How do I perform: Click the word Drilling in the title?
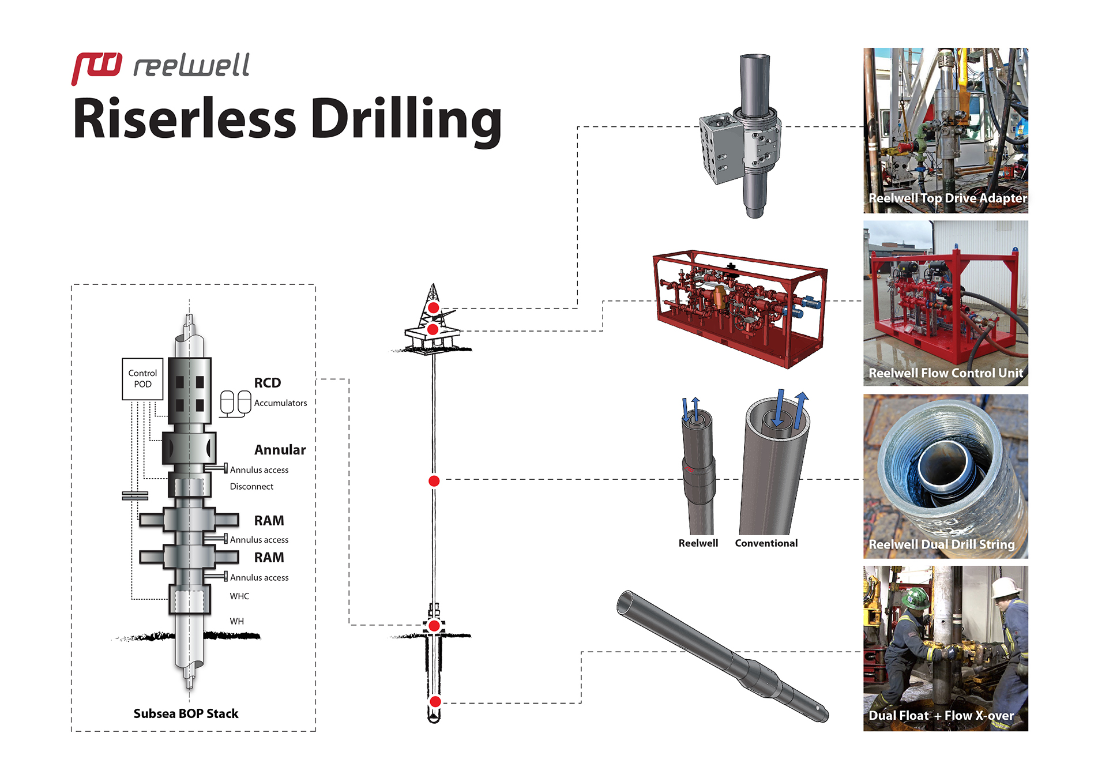tap(406, 119)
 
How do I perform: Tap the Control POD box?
tap(142, 379)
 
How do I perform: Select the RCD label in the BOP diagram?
tap(267, 383)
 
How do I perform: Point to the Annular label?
tap(280, 450)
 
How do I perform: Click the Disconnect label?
tap(251, 487)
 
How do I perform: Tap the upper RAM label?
tap(269, 521)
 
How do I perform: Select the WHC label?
tap(239, 596)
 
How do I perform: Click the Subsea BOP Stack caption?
tap(186, 714)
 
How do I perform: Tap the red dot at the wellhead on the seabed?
tap(434, 626)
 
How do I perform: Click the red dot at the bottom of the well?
tap(435, 701)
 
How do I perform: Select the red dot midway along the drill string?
tap(434, 481)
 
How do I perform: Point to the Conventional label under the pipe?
tap(766, 543)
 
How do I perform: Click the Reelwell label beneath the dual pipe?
tap(698, 543)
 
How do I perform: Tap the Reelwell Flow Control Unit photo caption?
tap(946, 373)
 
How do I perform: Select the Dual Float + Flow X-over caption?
tap(941, 716)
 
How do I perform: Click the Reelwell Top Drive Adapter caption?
tap(947, 198)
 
